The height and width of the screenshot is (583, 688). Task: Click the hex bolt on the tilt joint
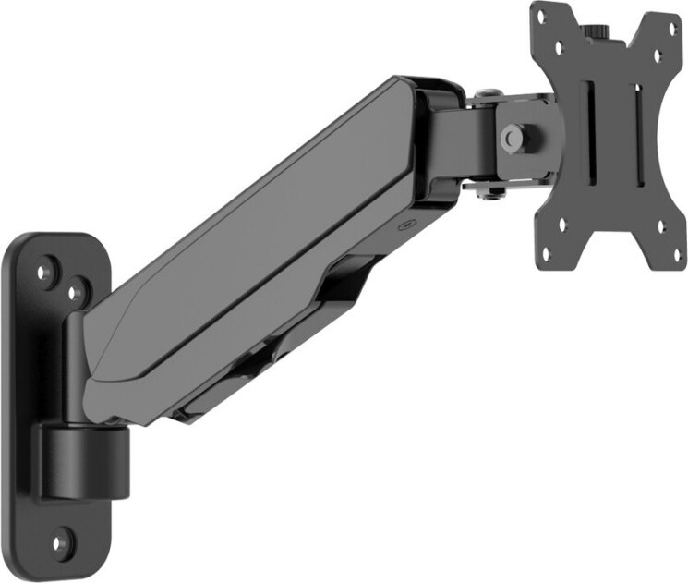[x=511, y=138]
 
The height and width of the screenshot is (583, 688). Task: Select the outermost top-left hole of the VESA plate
[x=543, y=19]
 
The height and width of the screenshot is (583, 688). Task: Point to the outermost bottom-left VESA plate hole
[x=546, y=251]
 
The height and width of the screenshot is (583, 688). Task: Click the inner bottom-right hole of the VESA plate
[x=659, y=225]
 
